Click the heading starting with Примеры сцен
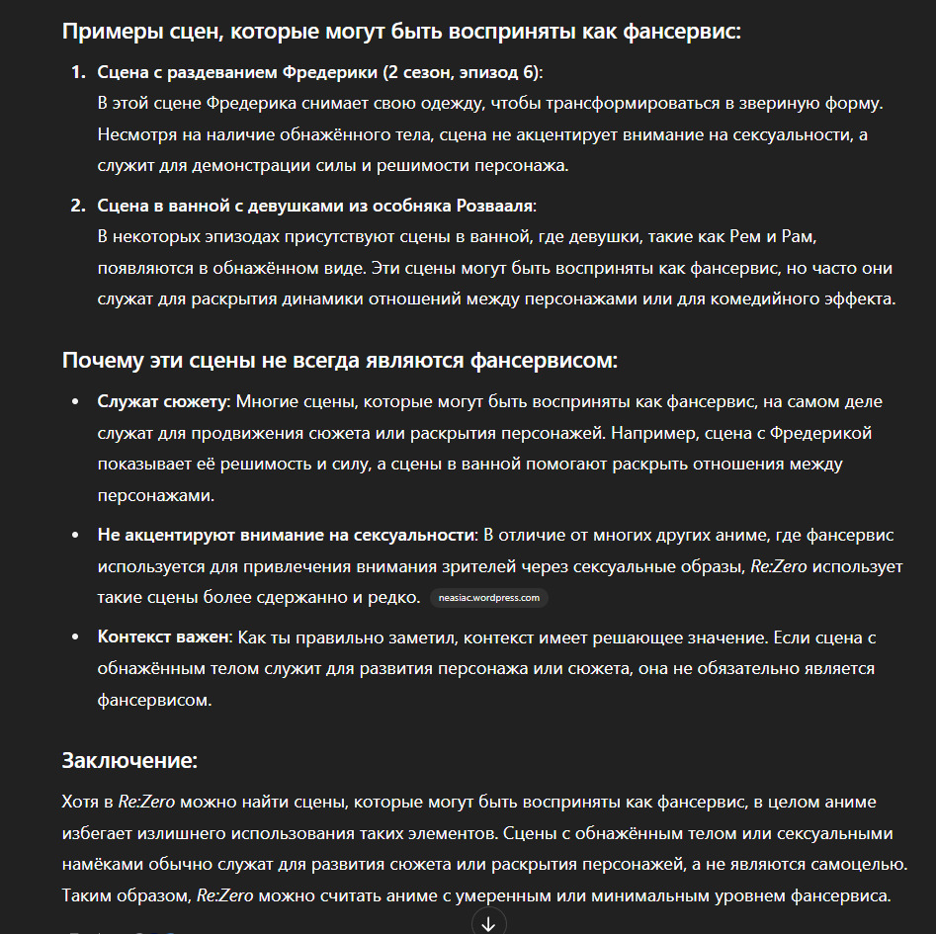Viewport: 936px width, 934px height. (x=401, y=31)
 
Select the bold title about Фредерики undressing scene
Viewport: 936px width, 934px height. (x=319, y=73)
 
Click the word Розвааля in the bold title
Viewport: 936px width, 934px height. (x=498, y=206)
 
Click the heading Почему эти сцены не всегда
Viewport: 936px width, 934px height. (x=339, y=361)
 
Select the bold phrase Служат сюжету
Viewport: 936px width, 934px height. (x=163, y=402)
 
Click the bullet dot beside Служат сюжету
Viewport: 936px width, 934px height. (x=76, y=402)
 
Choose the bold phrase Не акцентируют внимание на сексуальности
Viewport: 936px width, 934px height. (x=286, y=535)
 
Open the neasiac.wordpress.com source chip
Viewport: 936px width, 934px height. (x=489, y=598)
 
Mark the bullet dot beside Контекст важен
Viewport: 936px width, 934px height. (x=76, y=637)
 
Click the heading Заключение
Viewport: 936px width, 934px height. (x=129, y=761)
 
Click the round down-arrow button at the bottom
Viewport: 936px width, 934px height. (x=488, y=922)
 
